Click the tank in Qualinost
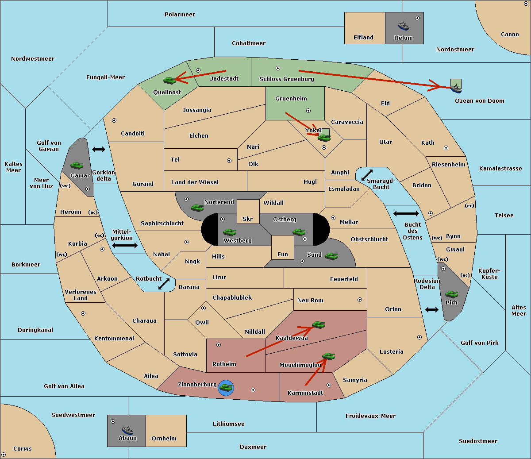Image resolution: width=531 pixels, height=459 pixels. point(170,80)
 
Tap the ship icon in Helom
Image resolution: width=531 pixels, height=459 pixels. point(403,26)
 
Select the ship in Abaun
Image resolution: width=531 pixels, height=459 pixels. point(128,430)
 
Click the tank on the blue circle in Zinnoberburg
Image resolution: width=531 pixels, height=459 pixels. point(226,388)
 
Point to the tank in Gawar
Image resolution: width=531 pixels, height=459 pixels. point(77,165)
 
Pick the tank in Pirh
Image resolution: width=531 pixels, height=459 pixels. point(452,294)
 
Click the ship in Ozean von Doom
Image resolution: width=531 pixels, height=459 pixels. point(456,88)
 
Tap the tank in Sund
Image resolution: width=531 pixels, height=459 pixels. point(331,256)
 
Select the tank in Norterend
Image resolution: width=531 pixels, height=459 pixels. point(197,208)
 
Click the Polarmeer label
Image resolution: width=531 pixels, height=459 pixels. point(180,15)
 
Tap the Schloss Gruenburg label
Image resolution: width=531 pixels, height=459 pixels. point(287,79)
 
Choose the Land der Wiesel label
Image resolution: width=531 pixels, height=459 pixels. point(195,182)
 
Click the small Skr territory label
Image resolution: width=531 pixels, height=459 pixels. point(248,219)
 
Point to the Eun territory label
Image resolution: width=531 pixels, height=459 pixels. point(283,254)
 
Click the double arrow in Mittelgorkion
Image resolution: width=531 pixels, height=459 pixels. point(125,245)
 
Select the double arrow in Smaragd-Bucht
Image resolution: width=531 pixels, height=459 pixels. point(367,175)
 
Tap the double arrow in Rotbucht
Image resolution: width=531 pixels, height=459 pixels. point(164,284)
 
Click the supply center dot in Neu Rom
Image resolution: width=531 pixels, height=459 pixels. point(360,300)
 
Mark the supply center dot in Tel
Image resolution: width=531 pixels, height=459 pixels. point(229,161)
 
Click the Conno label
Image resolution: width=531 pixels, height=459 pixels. point(510,34)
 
